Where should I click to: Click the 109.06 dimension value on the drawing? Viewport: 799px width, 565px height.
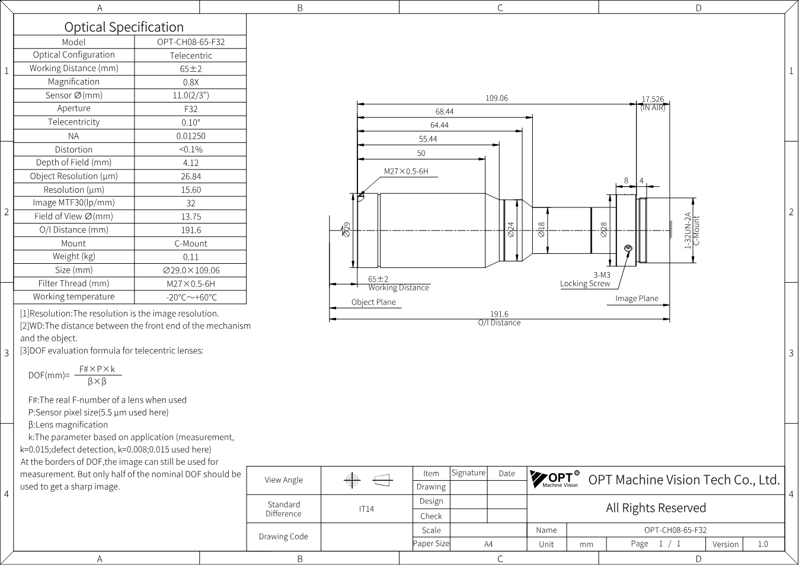(497, 98)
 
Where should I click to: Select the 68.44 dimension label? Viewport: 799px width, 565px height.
(445, 111)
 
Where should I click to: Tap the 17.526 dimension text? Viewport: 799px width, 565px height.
(653, 99)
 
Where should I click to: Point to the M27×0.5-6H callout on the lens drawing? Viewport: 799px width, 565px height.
(406, 171)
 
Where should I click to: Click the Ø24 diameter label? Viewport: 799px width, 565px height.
(511, 229)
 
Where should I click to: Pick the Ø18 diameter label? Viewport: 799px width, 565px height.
(542, 229)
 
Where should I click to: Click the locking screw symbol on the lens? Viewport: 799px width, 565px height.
(628, 248)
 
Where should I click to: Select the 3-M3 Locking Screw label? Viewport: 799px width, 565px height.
(586, 279)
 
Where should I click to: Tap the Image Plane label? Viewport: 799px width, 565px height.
(637, 299)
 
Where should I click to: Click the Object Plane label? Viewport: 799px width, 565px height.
(373, 302)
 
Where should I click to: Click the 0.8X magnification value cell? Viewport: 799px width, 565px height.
(191, 82)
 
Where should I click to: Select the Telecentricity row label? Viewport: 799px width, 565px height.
(74, 122)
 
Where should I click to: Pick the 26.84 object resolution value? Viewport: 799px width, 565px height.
(191, 177)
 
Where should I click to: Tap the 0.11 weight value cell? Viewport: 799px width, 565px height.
(191, 257)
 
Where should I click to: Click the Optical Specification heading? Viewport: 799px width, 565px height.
(124, 27)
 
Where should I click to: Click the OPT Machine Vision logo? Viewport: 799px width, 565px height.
(555, 479)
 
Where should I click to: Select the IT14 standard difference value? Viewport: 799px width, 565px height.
(366, 509)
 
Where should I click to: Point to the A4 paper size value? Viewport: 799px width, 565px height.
(488, 544)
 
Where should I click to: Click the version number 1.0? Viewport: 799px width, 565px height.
(763, 544)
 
